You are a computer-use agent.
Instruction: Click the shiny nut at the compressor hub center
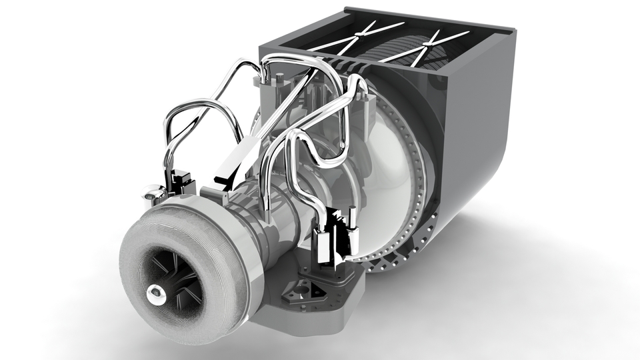(x=155, y=291)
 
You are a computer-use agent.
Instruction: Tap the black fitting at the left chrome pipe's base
(x=178, y=181)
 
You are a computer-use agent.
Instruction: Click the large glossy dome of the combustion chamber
(x=387, y=160)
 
